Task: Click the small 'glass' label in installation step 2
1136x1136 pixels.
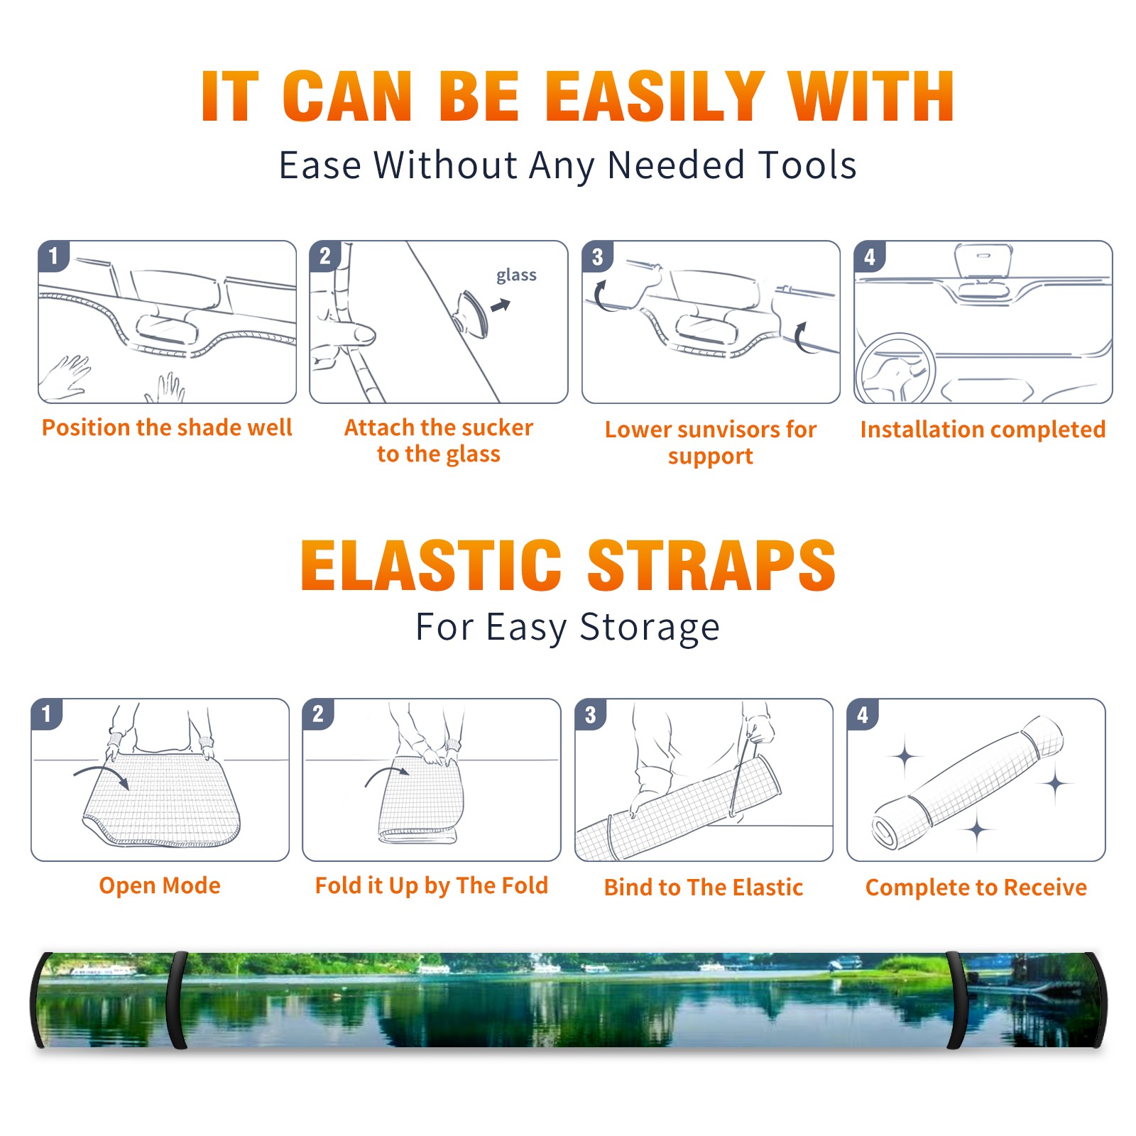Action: (516, 275)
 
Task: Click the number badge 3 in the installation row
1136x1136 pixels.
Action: (597, 256)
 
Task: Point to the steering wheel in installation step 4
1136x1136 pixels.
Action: (895, 368)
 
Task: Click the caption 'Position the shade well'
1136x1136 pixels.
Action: (167, 427)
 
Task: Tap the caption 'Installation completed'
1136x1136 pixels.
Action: (983, 430)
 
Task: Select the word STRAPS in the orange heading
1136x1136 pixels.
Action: (711, 565)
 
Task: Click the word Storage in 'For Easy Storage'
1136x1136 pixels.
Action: (650, 628)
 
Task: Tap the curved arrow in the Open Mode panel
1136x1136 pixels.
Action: (102, 775)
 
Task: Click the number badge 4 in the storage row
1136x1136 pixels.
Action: (863, 714)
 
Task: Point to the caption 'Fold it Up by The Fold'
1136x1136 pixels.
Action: (432, 885)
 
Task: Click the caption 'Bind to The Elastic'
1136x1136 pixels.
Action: (704, 887)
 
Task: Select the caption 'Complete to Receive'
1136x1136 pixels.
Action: (976, 887)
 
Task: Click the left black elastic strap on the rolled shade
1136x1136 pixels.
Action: (177, 1000)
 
